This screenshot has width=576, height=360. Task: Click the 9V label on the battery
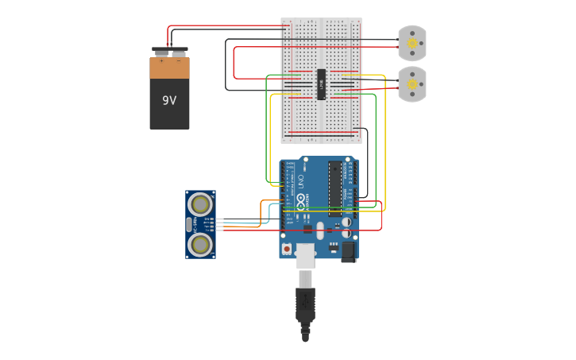(x=169, y=100)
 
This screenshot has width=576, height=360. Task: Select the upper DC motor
(x=412, y=43)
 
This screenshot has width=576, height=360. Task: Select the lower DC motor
(x=412, y=84)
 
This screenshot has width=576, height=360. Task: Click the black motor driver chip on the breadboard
(x=322, y=84)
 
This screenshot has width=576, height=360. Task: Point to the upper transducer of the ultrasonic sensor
(x=200, y=204)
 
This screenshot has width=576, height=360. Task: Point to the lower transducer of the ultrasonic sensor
(x=200, y=244)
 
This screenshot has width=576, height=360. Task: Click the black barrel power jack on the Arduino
(x=349, y=252)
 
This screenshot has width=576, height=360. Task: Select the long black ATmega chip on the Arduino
(x=335, y=188)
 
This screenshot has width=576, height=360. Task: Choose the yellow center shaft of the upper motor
(x=412, y=44)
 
